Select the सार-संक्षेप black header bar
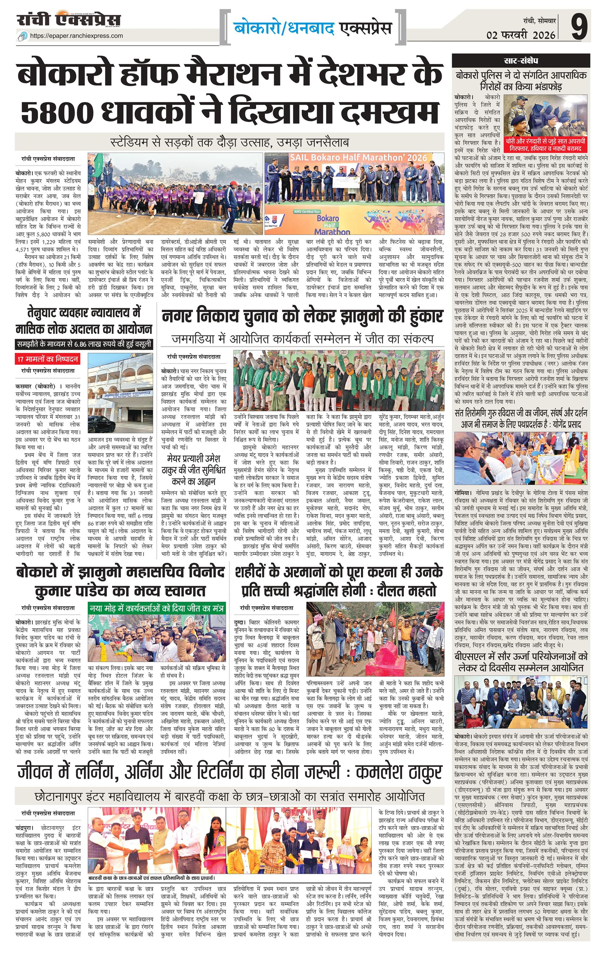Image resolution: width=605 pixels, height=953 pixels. pos(521,61)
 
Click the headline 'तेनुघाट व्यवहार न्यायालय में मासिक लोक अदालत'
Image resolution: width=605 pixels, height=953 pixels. pos(84,321)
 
